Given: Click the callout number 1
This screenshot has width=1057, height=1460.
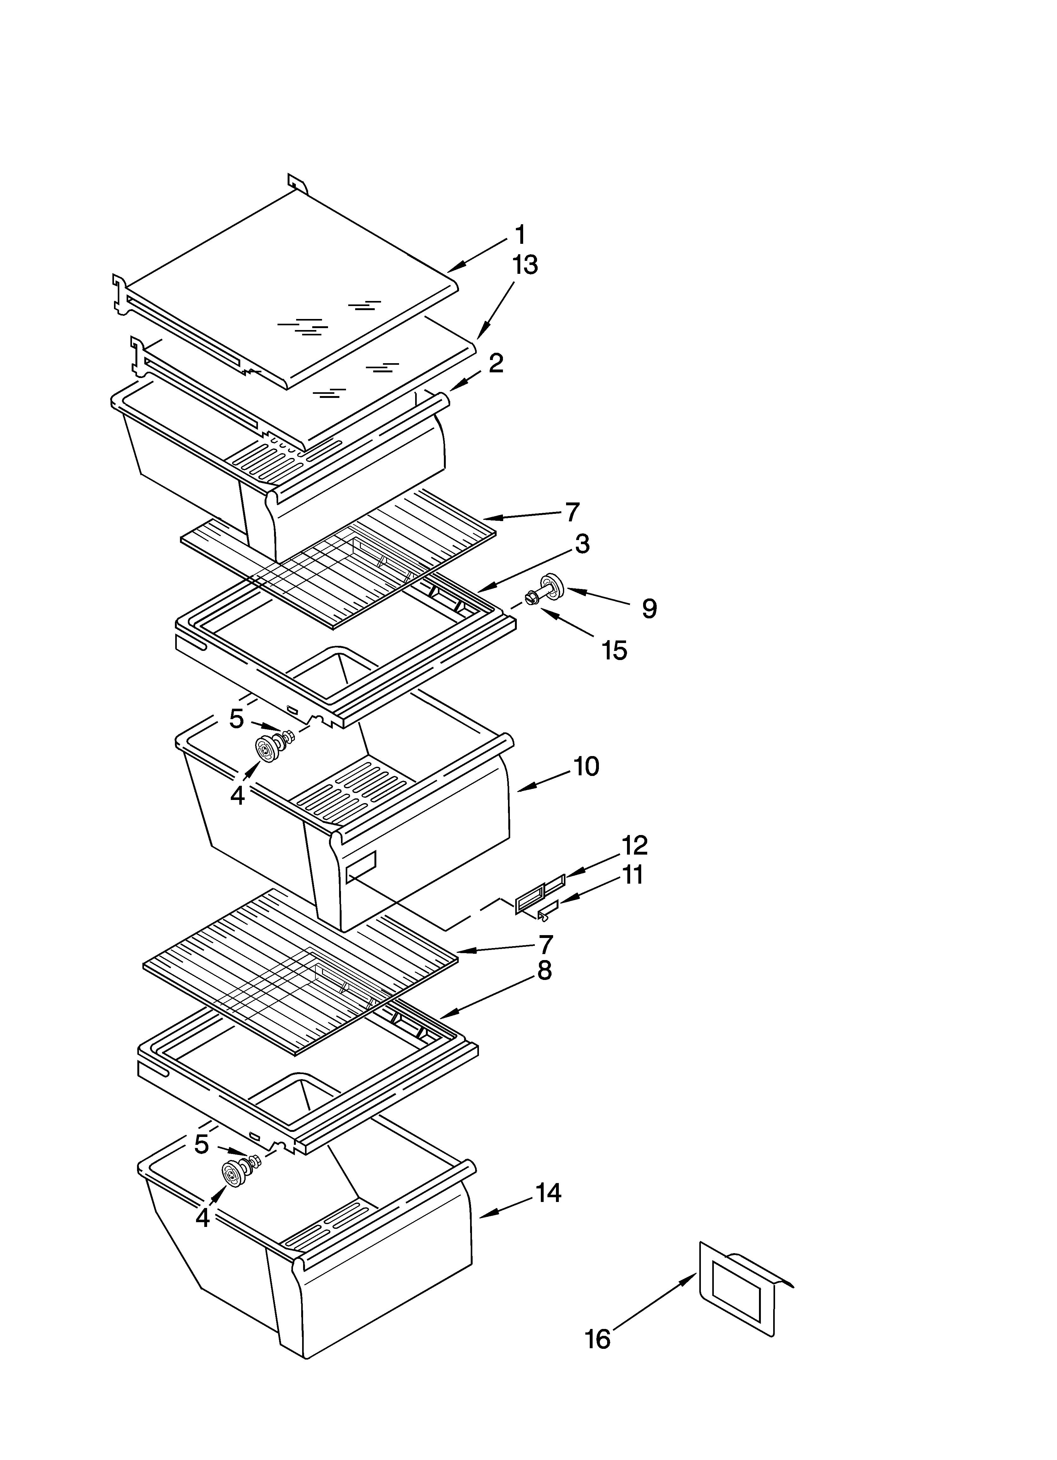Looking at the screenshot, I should [x=519, y=235].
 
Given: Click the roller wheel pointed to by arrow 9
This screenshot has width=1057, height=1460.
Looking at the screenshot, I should [x=552, y=585].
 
